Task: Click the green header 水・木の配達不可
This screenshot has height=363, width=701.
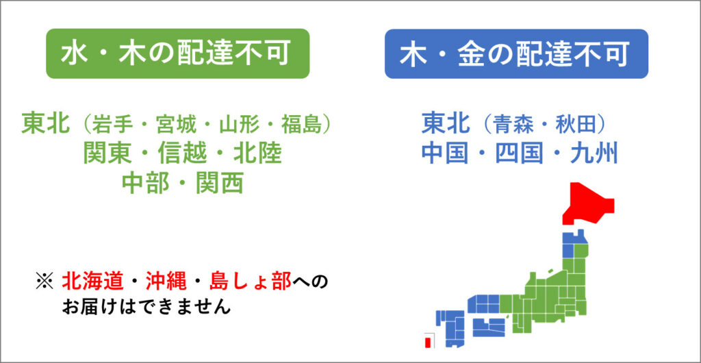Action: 178,53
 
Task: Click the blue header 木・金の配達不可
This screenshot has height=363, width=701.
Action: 516,53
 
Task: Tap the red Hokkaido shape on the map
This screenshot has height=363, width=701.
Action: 588,203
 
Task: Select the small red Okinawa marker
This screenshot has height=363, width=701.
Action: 428,343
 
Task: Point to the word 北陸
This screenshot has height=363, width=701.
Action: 258,154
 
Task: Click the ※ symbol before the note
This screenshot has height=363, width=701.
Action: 44,282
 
